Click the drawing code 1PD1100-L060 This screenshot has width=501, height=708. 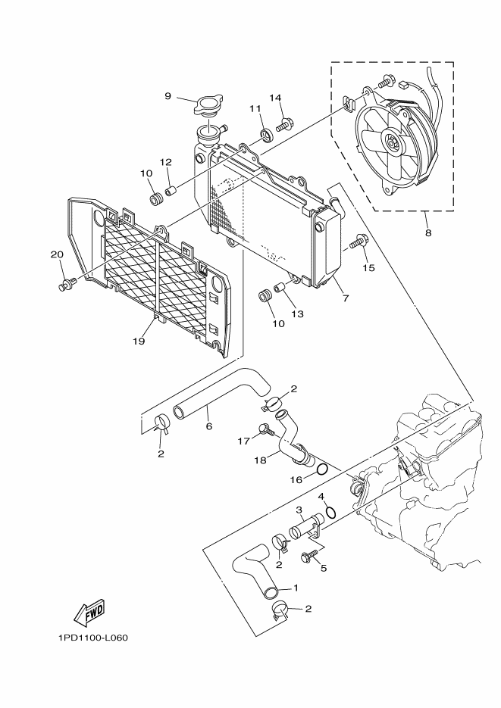coord(92,637)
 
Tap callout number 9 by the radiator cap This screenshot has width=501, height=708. coord(168,95)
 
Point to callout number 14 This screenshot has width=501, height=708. coord(274,98)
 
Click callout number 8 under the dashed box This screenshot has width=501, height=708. coord(428,232)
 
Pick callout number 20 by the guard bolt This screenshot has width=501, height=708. coord(56,254)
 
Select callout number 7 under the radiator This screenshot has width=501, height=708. coord(345,298)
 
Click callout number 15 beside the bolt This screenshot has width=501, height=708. coord(368,267)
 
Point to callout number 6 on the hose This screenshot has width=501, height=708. coord(208,426)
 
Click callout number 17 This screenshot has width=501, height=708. coord(244,440)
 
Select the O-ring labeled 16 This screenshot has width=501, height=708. coord(321,469)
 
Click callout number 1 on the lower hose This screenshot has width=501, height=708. coord(296,588)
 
